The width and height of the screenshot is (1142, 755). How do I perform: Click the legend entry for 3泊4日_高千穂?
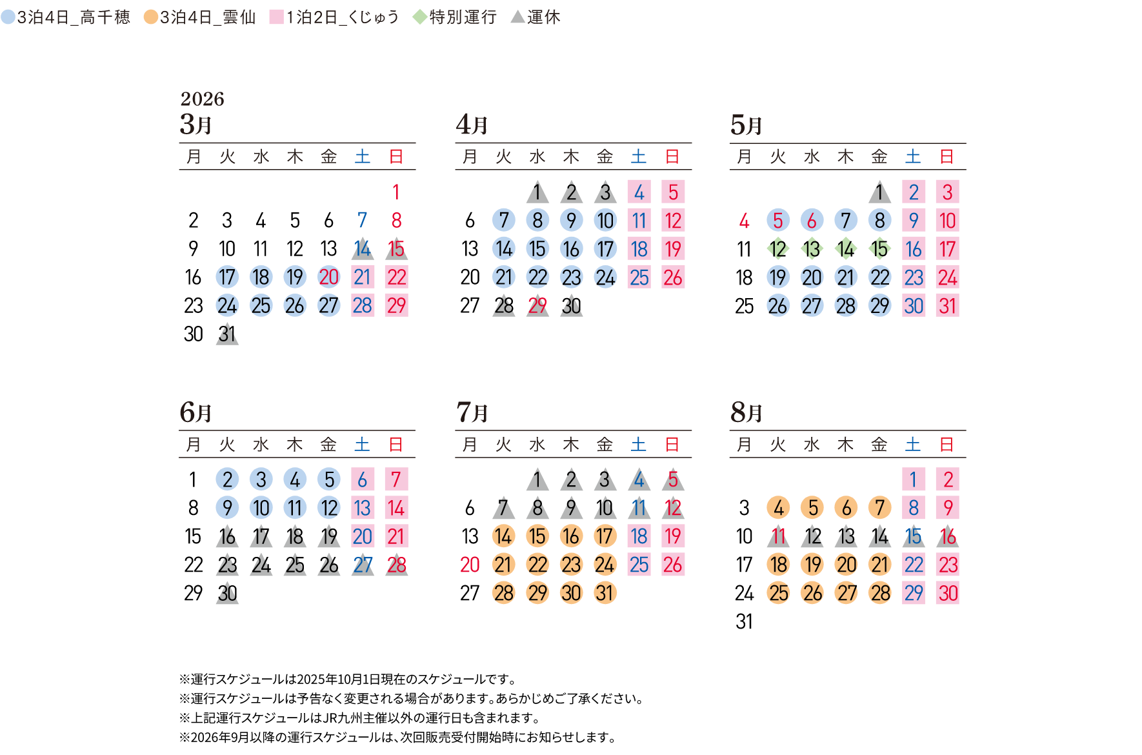point(66,17)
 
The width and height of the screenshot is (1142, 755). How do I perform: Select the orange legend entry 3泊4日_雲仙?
point(200,17)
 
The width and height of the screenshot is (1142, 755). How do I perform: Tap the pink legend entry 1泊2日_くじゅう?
point(334,17)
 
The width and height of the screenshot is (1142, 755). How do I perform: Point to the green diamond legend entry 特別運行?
point(455,17)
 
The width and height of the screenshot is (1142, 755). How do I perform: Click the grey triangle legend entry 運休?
point(536,17)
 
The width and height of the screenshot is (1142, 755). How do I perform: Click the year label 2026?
point(202,99)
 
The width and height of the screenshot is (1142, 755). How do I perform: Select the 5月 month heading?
point(746,125)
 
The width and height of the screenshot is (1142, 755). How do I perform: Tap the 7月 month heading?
point(472,412)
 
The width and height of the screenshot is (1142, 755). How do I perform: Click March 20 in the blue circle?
point(328,277)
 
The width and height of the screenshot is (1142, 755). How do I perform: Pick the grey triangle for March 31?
point(227,334)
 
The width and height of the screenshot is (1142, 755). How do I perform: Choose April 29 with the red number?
point(537,306)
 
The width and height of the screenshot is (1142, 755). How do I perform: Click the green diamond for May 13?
point(812,248)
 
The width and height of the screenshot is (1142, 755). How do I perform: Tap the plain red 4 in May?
point(744,221)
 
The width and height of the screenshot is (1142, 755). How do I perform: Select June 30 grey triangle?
point(227,593)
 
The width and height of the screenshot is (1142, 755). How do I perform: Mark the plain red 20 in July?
point(470,565)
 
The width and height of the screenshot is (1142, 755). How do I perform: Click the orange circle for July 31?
point(605,593)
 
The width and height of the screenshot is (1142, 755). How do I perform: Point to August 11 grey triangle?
point(778,536)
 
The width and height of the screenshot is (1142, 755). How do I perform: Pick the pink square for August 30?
point(947,593)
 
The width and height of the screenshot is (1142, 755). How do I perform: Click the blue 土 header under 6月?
point(362,444)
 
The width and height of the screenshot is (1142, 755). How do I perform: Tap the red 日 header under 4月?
point(672,156)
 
